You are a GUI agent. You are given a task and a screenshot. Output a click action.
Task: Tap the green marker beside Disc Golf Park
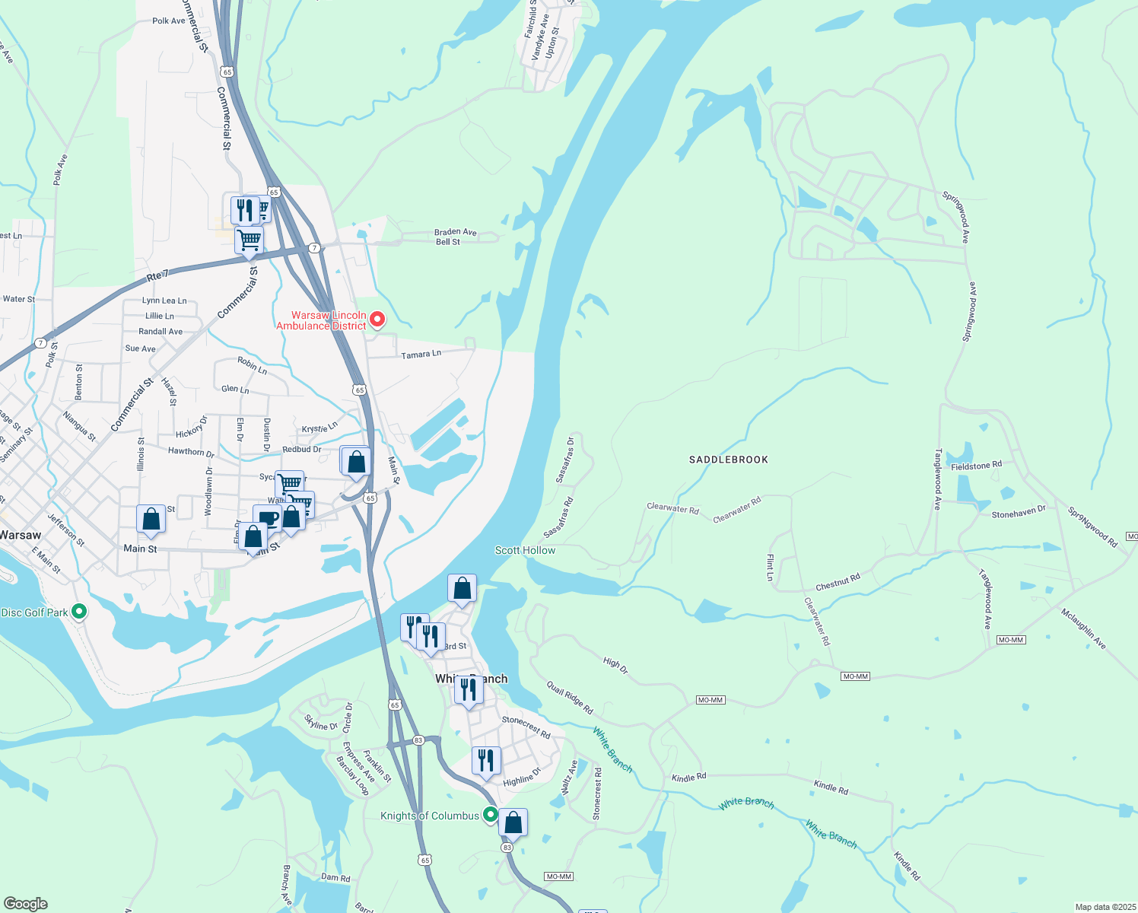coord(78,612)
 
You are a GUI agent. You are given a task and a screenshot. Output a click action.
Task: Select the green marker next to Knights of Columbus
coord(491,815)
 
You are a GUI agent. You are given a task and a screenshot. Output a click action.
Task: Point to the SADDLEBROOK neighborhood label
coord(728,460)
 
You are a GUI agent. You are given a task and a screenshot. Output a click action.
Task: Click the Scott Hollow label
coord(525,550)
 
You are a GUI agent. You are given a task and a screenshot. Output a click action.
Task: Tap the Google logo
coord(25,904)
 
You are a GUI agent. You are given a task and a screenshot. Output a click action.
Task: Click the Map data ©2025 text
coord(1103,907)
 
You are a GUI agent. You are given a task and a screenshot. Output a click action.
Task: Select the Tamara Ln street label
coord(421,355)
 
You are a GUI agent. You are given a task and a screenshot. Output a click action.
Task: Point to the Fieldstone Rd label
coord(976,466)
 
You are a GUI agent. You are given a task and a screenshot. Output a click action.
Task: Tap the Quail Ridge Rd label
coord(569,698)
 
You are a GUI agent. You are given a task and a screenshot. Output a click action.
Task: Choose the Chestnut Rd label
coord(838,582)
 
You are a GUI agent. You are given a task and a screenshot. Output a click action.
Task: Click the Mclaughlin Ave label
coord(1083,628)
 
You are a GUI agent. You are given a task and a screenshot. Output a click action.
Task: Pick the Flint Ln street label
coord(770,568)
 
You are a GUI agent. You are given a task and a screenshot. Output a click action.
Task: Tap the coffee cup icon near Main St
coord(267,518)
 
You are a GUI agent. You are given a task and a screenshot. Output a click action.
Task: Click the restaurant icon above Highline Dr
coord(485,760)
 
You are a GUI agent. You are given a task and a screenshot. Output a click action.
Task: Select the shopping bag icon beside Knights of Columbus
coord(513,822)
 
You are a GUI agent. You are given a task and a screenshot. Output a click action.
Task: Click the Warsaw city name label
coord(21,535)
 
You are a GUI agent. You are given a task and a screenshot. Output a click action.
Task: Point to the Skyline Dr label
coord(321,722)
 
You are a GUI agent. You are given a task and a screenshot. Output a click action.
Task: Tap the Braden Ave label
coord(455,232)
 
